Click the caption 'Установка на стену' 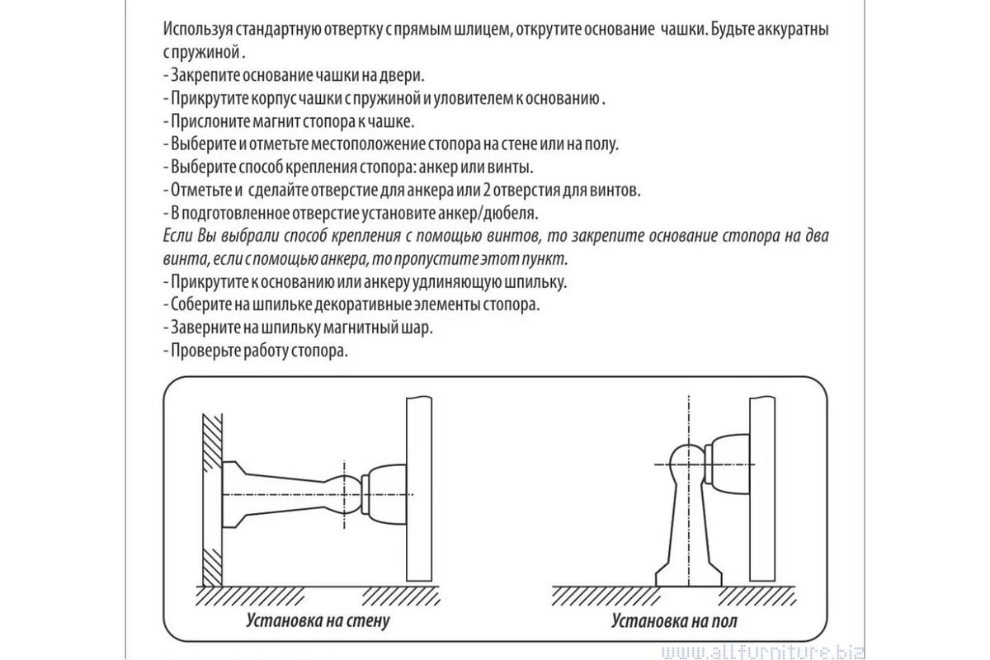pos(318,620)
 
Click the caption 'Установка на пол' pos(674,620)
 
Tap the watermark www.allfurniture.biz pos(763,652)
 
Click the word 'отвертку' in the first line pos(351,30)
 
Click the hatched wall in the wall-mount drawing pos(212,500)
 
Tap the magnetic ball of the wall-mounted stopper pos(345,495)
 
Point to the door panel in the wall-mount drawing pos(419,488)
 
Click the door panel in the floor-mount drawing pos(762,488)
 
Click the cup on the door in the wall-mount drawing pos(384,495)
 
